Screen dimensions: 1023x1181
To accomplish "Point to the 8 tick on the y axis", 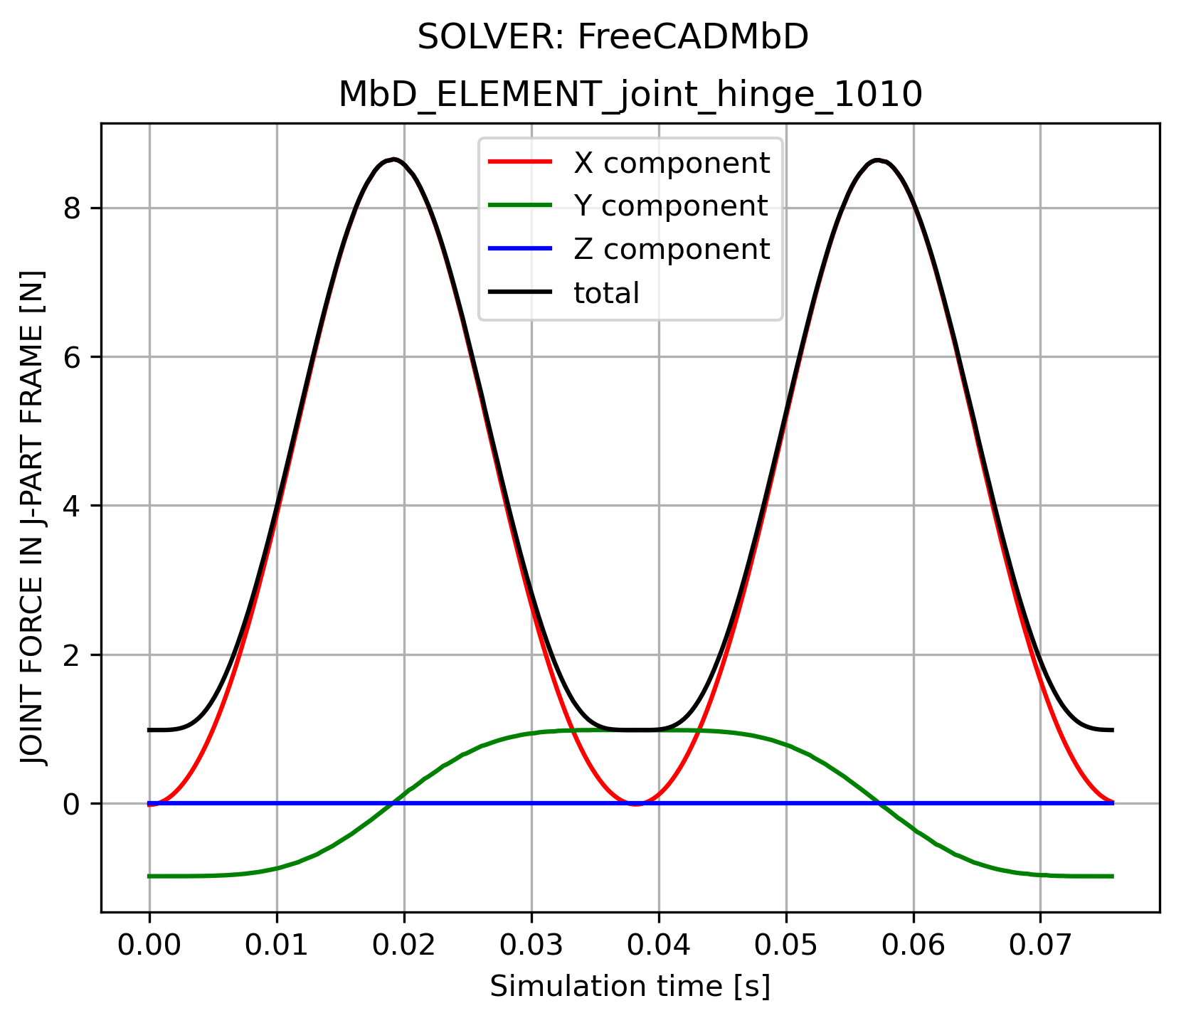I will pyautogui.click(x=72, y=209).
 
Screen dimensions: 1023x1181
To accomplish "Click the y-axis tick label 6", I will pyautogui.click(x=72, y=358).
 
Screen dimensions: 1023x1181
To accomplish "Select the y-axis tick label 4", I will pyautogui.click(x=72, y=507).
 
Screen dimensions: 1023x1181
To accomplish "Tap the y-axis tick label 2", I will pyautogui.click(x=72, y=655).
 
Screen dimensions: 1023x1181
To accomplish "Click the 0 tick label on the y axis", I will pyautogui.click(x=72, y=805).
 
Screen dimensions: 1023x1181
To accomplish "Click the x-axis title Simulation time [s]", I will pyautogui.click(x=630, y=987).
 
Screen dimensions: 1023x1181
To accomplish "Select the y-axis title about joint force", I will pyautogui.click(x=34, y=518).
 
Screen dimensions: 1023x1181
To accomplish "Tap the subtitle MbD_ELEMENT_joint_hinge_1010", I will pyautogui.click(x=630, y=95).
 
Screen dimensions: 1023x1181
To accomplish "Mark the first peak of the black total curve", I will pyautogui.click(x=393, y=159).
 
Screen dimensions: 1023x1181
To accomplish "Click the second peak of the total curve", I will pyautogui.click(x=879, y=161).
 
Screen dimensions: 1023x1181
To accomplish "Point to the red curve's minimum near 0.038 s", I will pyautogui.click(x=635, y=804).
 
